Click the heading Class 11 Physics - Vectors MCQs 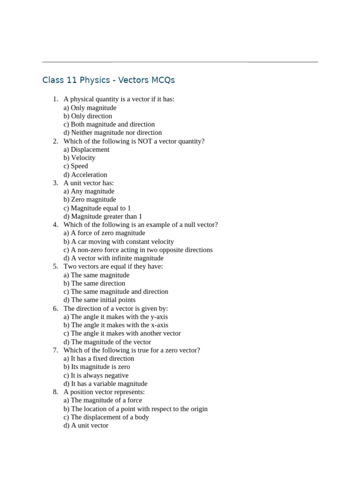(108, 80)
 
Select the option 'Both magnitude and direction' (109, 124)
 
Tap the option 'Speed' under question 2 (76, 166)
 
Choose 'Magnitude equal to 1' (97, 208)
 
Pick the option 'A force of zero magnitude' (105, 233)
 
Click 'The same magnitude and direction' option (116, 292)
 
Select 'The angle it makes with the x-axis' (116, 325)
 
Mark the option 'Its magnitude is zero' (97, 367)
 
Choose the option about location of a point (135, 409)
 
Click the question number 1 (55, 99)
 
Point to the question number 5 (55, 266)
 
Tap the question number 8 (55, 392)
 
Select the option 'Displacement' (87, 150)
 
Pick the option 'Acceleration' (85, 174)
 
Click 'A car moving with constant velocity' (119, 241)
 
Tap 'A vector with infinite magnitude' (113, 258)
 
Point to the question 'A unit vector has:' (89, 183)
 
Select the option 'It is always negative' (96, 375)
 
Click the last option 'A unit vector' (86, 425)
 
